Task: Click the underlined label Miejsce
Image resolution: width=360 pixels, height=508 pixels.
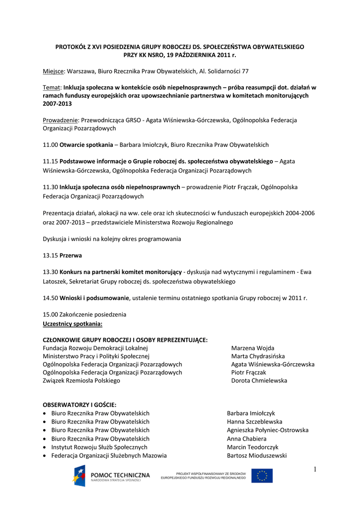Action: (54, 71)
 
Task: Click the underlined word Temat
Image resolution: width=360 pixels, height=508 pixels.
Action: (52, 87)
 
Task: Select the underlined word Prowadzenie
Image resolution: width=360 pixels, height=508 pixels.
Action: (61, 120)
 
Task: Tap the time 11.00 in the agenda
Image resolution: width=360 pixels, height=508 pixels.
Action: (51, 145)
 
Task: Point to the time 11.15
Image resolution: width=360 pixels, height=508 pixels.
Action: (51, 162)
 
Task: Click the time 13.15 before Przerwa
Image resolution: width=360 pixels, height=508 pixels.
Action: (51, 255)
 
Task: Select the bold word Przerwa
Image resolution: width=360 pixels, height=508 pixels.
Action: (71, 255)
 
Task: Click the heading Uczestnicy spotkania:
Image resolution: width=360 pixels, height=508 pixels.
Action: (72, 323)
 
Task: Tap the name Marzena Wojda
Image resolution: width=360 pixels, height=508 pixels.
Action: (253, 348)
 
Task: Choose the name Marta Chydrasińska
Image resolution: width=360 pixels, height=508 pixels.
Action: (258, 356)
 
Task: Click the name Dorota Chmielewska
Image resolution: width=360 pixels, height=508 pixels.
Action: (259, 381)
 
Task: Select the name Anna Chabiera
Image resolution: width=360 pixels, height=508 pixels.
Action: (247, 439)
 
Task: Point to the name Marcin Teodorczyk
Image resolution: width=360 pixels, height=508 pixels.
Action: (253, 447)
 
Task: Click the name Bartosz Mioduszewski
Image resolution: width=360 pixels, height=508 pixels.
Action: (257, 455)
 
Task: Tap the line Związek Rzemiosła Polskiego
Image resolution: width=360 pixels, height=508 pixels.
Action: (81, 381)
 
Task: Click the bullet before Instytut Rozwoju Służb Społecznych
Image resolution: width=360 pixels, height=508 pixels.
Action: (45, 447)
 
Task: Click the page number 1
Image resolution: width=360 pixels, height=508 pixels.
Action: (314, 470)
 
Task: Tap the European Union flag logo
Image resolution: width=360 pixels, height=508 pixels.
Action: (262, 476)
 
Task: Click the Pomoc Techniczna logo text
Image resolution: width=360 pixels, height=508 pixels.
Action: (120, 475)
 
